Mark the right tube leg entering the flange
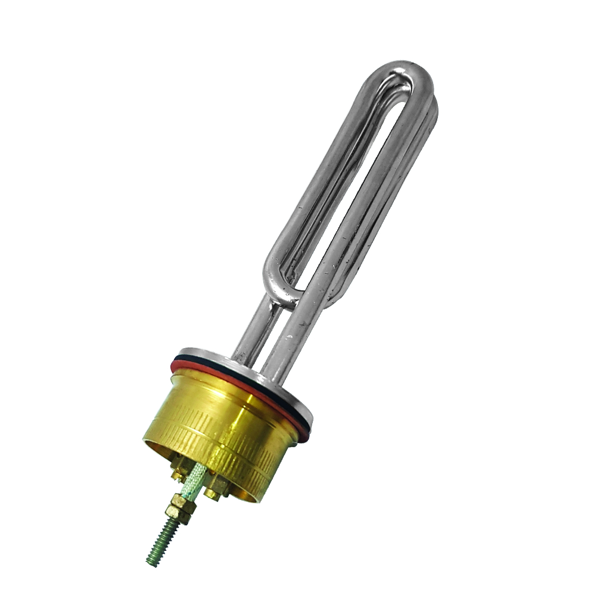280,352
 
